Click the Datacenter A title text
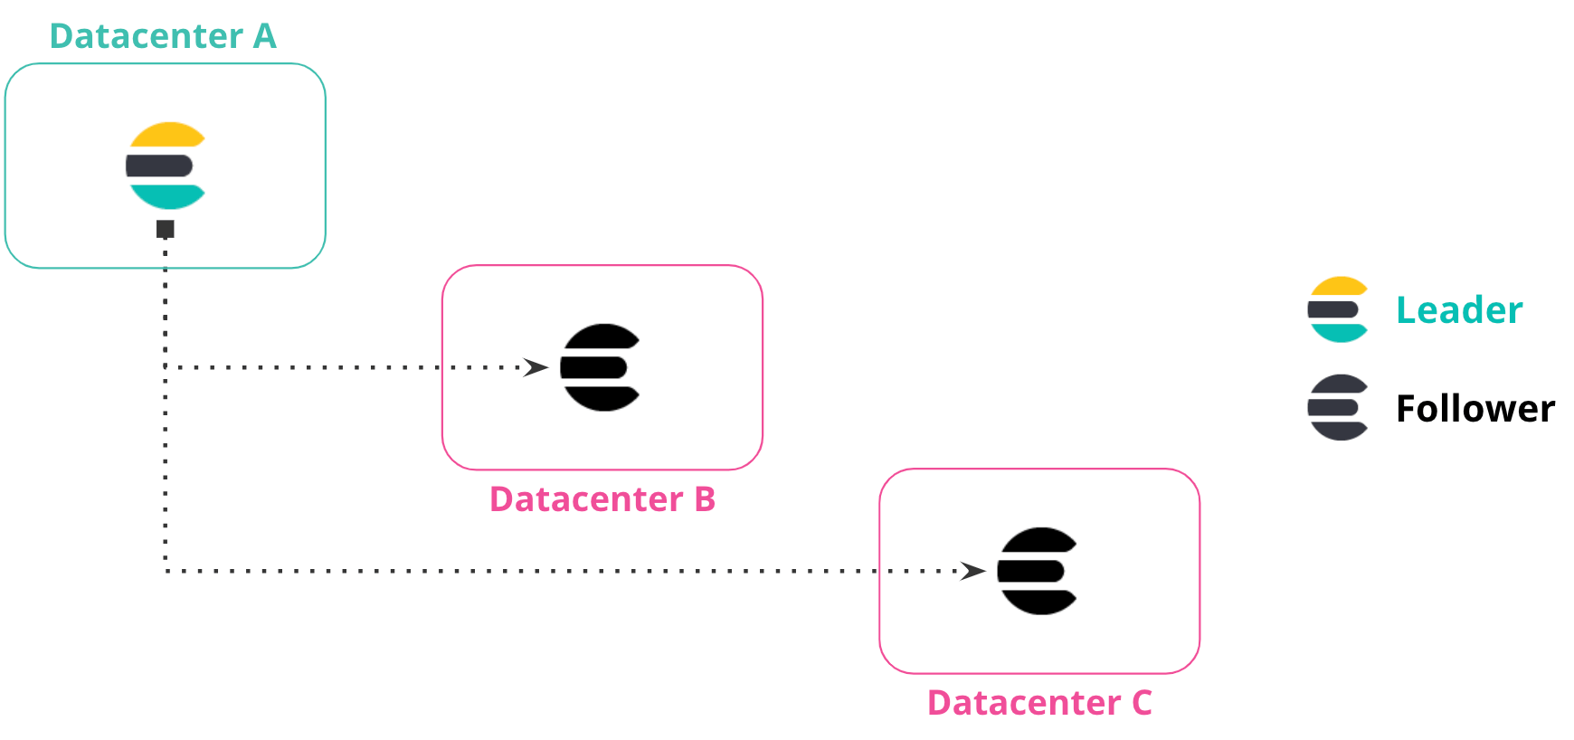click(x=163, y=36)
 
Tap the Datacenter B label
click(x=602, y=499)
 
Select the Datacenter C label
click(x=1039, y=703)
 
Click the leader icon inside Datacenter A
click(x=166, y=166)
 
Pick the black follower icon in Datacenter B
click(x=601, y=367)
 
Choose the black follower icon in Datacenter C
click(x=1038, y=571)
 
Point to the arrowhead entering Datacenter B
click(x=536, y=367)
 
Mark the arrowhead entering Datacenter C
click(x=973, y=571)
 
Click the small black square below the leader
click(x=166, y=229)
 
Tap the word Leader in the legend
click(x=1459, y=310)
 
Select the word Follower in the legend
click(x=1475, y=409)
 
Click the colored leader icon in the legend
click(x=1338, y=309)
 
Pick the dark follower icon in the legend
click(x=1338, y=407)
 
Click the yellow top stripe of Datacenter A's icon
click(x=167, y=135)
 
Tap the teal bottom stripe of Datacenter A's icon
click(x=167, y=196)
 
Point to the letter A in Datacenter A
click(x=264, y=36)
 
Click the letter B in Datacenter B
click(x=705, y=499)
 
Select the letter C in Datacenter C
click(x=1142, y=703)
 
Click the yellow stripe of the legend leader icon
click(x=1339, y=287)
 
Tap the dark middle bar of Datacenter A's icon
click(x=159, y=166)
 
